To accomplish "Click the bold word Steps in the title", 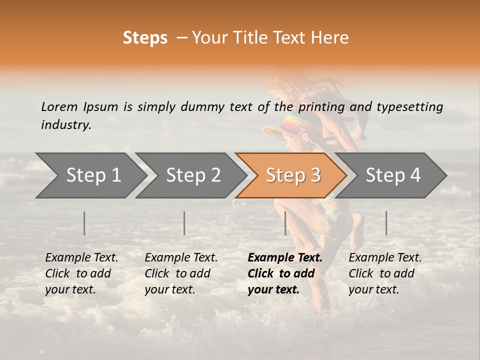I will point(145,38).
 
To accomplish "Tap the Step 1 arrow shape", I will point(90,175).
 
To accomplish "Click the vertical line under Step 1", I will point(84,223).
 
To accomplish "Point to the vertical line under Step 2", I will point(184,223).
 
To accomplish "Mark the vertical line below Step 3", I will point(285,223).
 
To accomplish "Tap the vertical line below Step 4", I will point(386,223).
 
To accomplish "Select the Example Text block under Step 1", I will point(81,273).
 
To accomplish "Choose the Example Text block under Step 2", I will point(180,273).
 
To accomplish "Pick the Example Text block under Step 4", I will point(384,273).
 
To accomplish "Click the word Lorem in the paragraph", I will point(59,106).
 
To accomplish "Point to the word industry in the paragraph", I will point(65,125).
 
